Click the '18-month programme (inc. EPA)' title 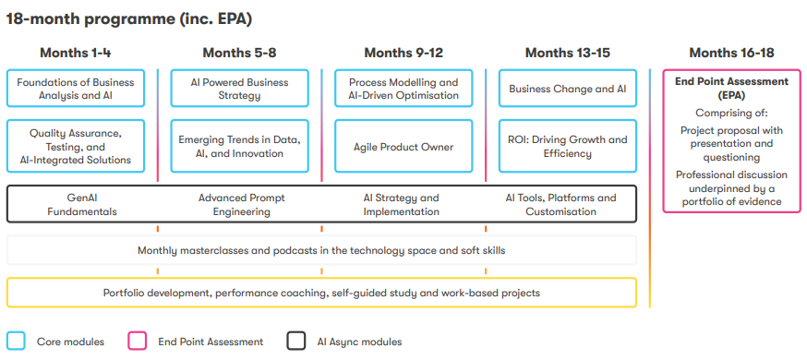[128, 19]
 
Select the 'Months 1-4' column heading [75, 53]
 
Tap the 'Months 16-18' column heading [731, 53]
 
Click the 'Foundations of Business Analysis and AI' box [76, 89]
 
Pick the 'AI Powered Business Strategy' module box [239, 89]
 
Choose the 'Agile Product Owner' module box [403, 146]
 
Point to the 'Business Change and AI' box [568, 89]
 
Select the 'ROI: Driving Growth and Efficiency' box [568, 146]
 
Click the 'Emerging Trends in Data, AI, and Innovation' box [239, 146]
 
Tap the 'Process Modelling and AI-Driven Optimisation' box [403, 89]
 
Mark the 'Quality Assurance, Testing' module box [76, 146]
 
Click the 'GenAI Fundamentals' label [82, 205]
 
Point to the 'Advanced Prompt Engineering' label [241, 205]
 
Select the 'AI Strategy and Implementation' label [402, 205]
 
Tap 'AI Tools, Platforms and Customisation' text [561, 205]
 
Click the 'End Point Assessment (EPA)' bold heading [731, 88]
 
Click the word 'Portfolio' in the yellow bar [124, 294]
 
